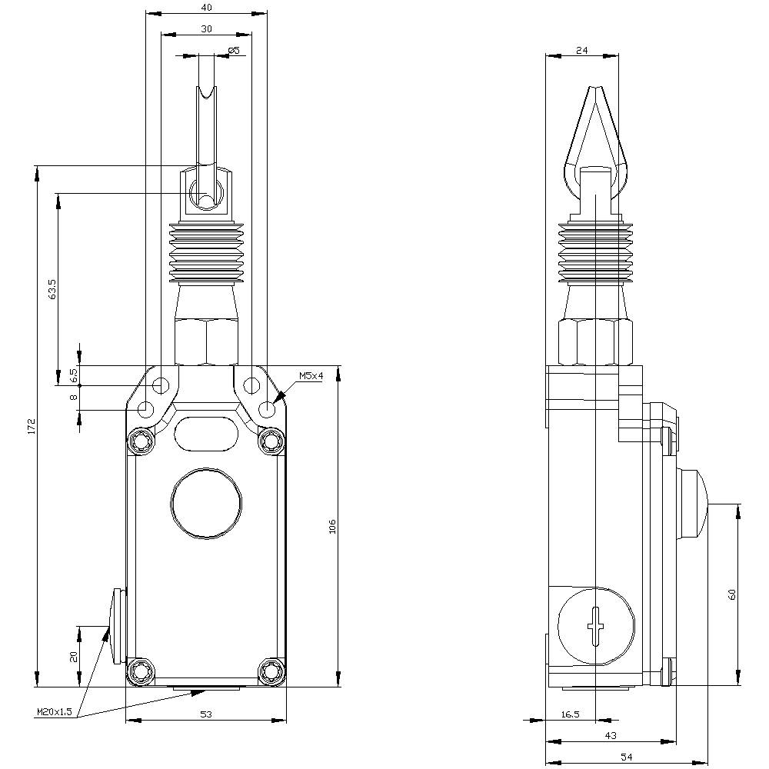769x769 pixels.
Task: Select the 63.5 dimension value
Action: (x=52, y=289)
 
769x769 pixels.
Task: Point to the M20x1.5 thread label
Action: (x=54, y=712)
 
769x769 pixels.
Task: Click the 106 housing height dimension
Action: (x=332, y=526)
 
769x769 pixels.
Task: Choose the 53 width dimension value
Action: (x=205, y=714)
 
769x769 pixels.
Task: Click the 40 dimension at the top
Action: (x=205, y=8)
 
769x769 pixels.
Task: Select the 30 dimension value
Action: (x=205, y=28)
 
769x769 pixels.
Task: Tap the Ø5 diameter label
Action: (x=234, y=51)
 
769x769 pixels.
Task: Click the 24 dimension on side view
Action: (x=581, y=50)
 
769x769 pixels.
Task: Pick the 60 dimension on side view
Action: (x=732, y=594)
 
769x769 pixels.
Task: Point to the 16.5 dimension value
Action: (x=569, y=714)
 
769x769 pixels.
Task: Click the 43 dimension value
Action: (x=610, y=736)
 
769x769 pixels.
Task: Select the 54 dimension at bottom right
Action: (x=626, y=757)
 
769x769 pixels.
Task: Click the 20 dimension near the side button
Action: (x=74, y=656)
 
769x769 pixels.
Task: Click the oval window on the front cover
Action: (x=205, y=433)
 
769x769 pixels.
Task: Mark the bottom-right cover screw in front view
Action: (x=271, y=671)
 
